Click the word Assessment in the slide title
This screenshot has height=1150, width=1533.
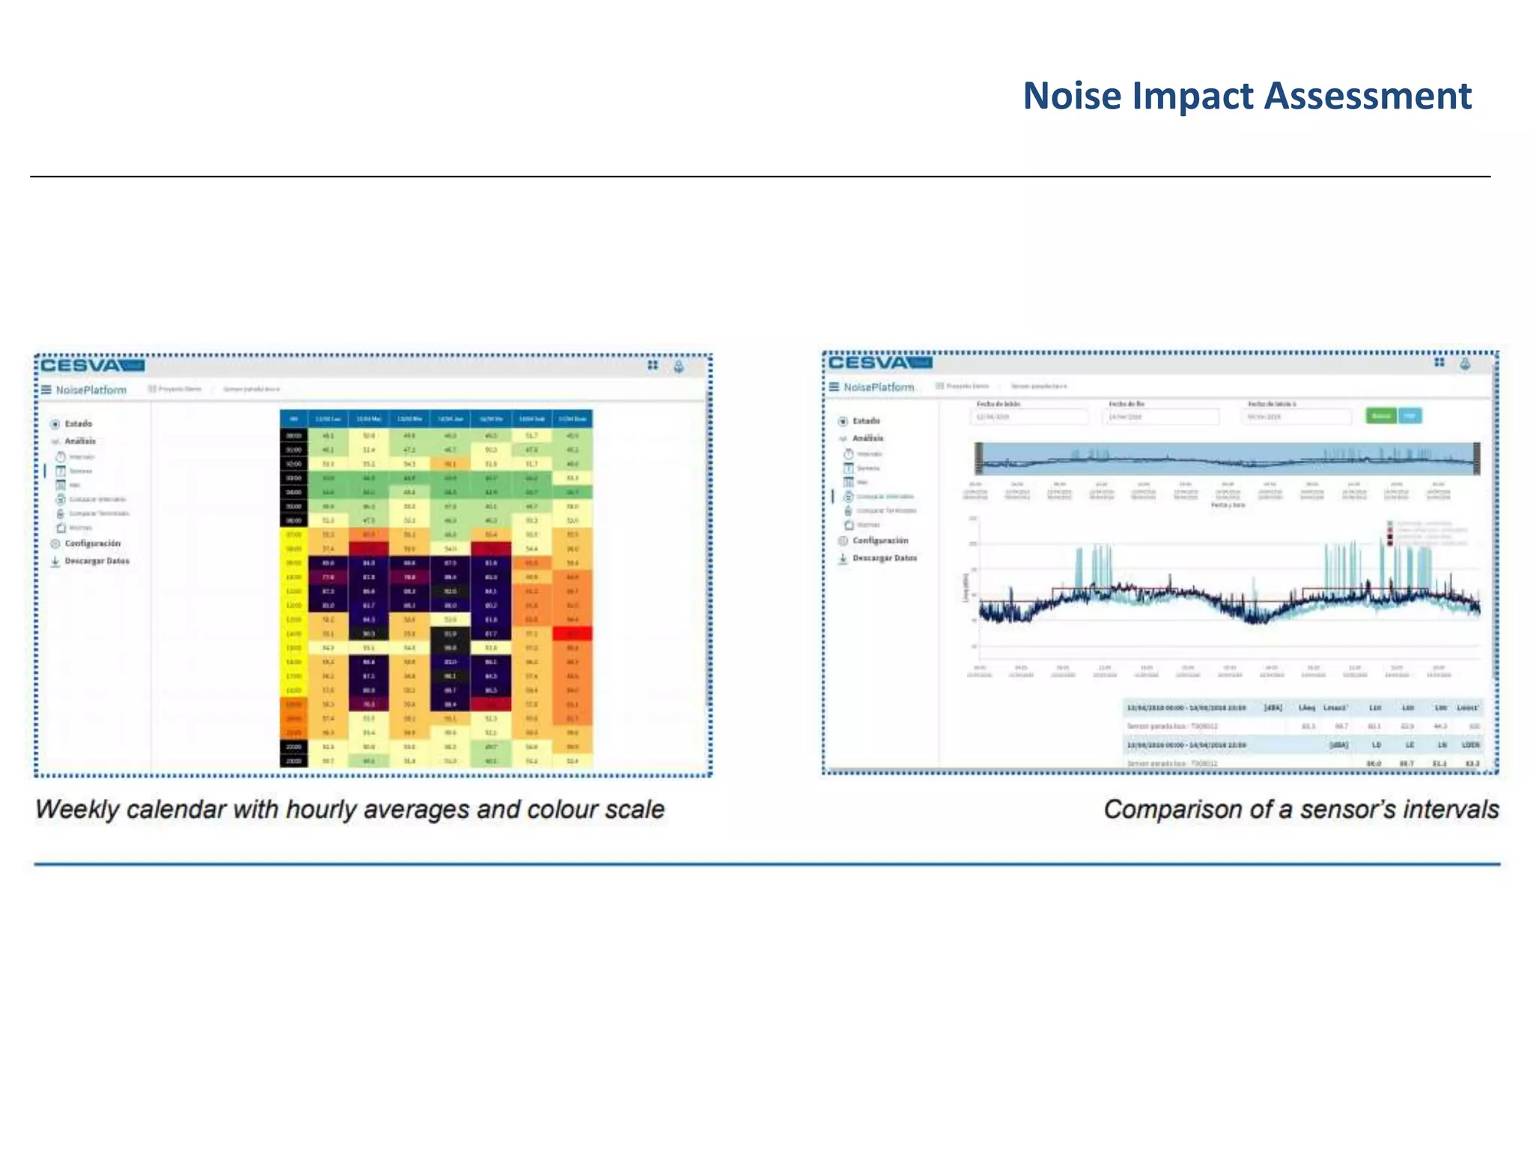pyautogui.click(x=1368, y=97)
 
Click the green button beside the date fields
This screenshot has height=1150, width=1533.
pyautogui.click(x=1380, y=416)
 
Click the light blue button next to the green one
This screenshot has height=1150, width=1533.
pyautogui.click(x=1410, y=416)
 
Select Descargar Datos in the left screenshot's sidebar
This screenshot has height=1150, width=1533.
pyautogui.click(x=97, y=561)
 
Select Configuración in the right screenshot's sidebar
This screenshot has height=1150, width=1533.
pyautogui.click(x=880, y=540)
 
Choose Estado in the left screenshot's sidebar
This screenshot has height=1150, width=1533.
pyautogui.click(x=78, y=424)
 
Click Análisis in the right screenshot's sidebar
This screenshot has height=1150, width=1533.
pyautogui.click(x=868, y=438)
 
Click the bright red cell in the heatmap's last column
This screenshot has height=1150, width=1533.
pyautogui.click(x=573, y=633)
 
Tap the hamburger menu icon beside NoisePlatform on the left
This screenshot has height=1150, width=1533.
pyautogui.click(x=46, y=389)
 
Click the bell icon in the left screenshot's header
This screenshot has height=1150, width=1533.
pyautogui.click(x=678, y=366)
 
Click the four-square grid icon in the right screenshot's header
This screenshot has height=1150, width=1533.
pyautogui.click(x=1439, y=362)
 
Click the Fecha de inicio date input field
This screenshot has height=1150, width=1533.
pyautogui.click(x=1030, y=416)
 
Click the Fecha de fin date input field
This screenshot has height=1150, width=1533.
pyautogui.click(x=1160, y=416)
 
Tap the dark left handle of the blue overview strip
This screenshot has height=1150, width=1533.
pyautogui.click(x=978, y=458)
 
